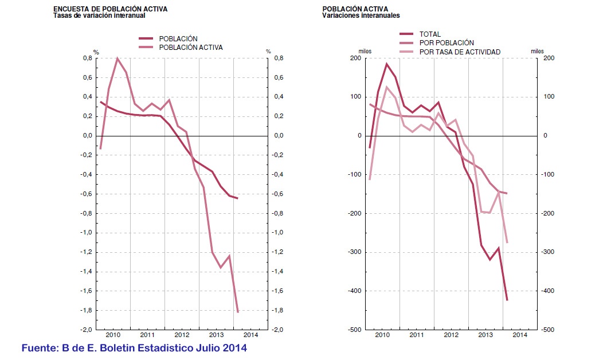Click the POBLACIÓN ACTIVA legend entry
(x=191, y=47)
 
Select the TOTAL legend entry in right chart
(x=430, y=34)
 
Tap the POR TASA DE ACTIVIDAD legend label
(x=460, y=52)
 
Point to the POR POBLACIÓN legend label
(x=446, y=43)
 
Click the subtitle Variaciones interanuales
(x=361, y=15)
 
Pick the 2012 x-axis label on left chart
(x=182, y=335)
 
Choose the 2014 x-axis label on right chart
(x=520, y=335)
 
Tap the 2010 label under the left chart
(x=113, y=335)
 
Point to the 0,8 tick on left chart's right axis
(x=279, y=58)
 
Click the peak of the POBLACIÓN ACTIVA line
(x=117, y=58)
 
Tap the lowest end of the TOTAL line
(x=507, y=300)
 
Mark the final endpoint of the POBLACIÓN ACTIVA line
(x=237, y=312)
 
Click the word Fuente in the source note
(x=40, y=348)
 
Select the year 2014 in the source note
(x=234, y=348)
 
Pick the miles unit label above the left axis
(x=365, y=51)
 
